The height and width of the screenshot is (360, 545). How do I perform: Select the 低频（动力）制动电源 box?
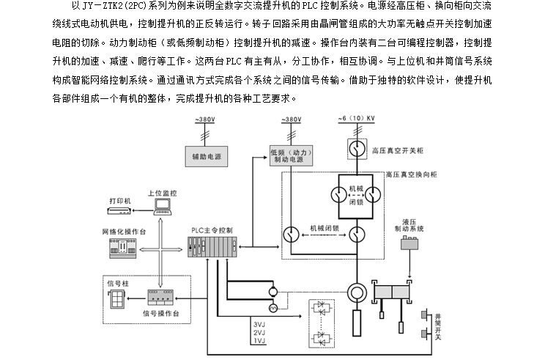pyautogui.click(x=292, y=155)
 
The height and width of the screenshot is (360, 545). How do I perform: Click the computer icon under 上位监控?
pyautogui.click(x=163, y=208)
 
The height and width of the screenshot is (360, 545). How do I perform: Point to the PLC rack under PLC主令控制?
pyautogui.click(x=212, y=249)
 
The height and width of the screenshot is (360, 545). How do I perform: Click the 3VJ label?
pyautogui.click(x=259, y=323)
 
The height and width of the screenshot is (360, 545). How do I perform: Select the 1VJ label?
pyautogui.click(x=259, y=341)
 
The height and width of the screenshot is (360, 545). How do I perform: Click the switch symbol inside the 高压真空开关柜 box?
pyautogui.click(x=356, y=150)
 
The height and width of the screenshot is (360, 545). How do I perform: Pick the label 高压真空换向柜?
pyautogui.click(x=413, y=175)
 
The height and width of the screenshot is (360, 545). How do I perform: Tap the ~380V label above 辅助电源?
pyautogui.click(x=207, y=120)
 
